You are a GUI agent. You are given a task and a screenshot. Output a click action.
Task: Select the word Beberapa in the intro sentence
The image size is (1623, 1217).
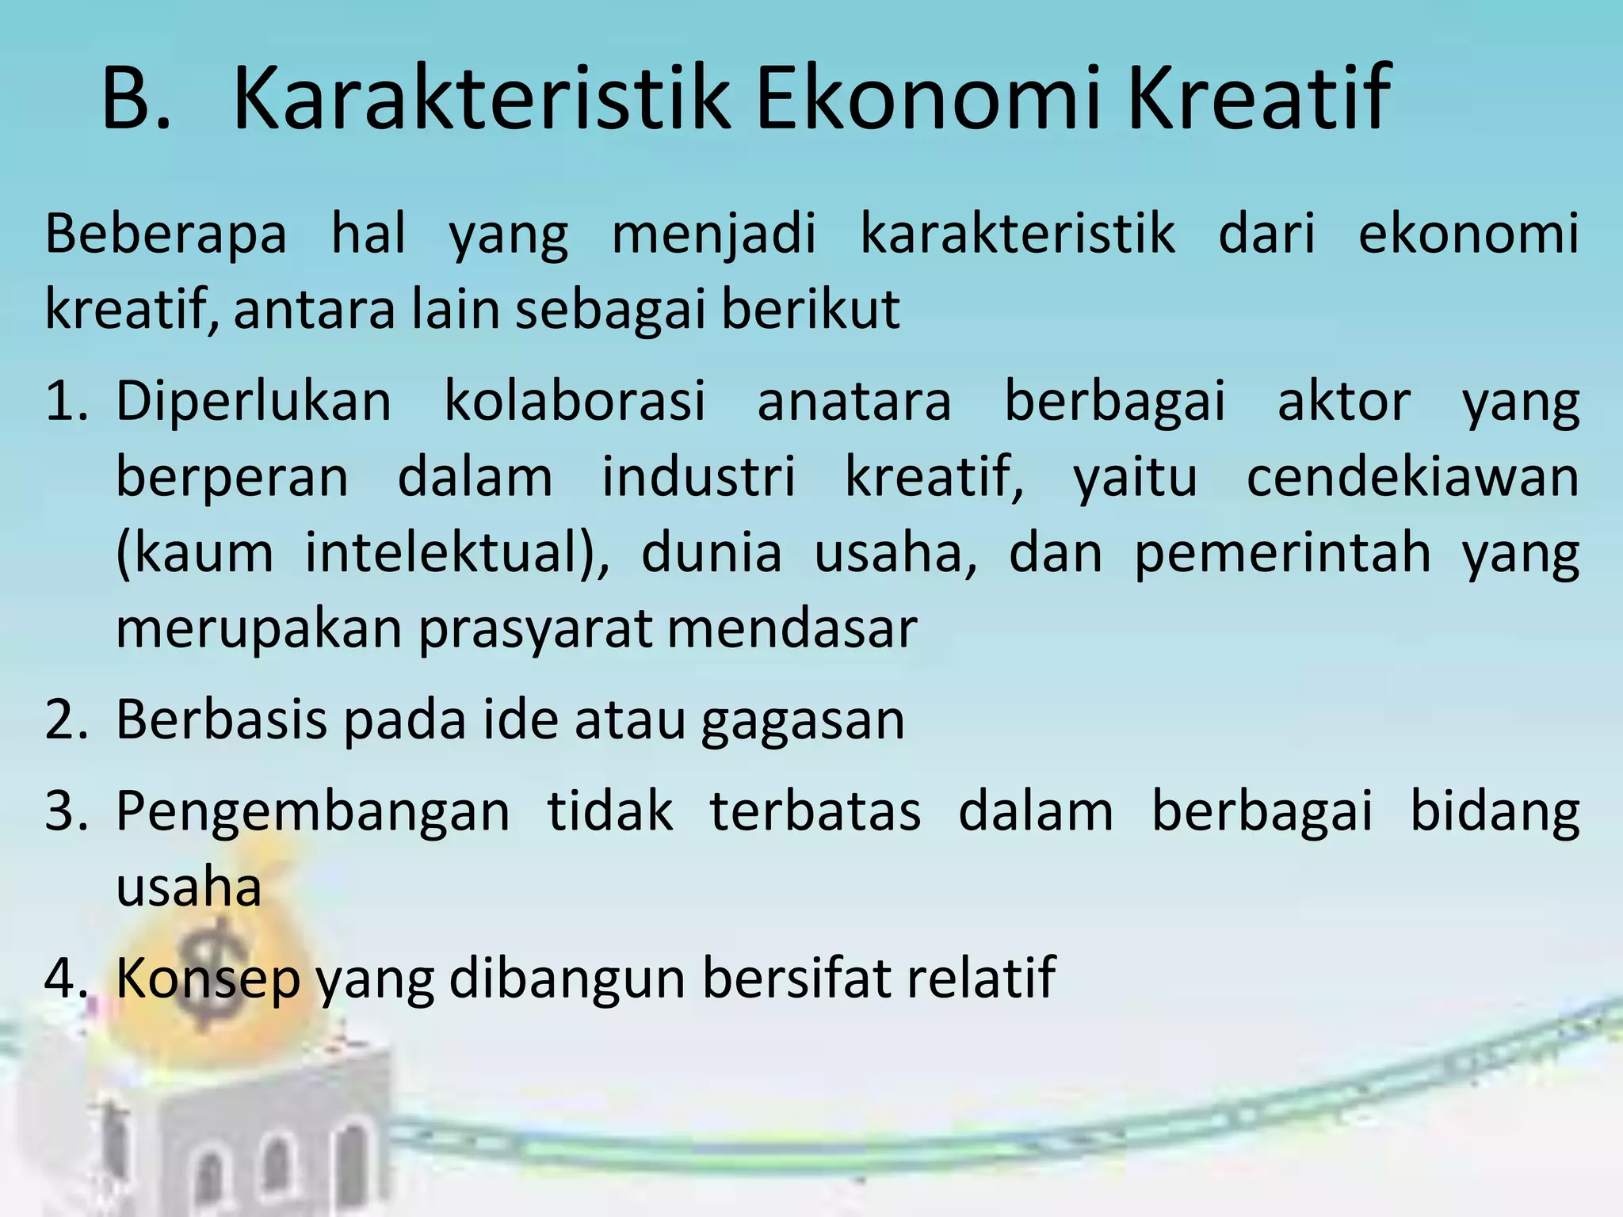[166, 235]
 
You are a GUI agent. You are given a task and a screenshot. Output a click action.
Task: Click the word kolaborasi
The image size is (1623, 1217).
[575, 401]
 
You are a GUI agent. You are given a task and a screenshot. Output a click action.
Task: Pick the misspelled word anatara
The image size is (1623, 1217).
[854, 401]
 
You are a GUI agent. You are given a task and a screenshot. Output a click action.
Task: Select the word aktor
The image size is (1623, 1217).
[1344, 401]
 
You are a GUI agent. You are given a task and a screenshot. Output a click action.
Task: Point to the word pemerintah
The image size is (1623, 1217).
[1283, 552]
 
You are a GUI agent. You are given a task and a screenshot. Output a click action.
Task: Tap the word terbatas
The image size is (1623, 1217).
[815, 811]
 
